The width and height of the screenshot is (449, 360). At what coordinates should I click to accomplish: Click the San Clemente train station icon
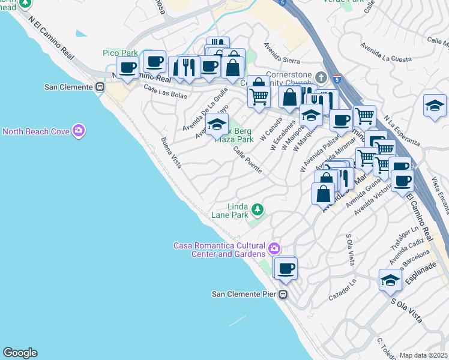(x=100, y=87)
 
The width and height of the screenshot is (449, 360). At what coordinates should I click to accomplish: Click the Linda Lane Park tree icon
(x=257, y=209)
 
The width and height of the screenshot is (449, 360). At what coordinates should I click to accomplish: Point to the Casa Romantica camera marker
(x=274, y=248)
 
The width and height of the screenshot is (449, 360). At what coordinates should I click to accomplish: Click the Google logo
(x=20, y=353)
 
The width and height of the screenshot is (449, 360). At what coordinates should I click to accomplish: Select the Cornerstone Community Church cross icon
(x=321, y=77)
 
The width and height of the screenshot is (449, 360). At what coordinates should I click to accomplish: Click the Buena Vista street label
(x=171, y=153)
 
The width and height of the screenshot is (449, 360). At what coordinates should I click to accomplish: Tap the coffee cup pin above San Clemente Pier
(x=286, y=268)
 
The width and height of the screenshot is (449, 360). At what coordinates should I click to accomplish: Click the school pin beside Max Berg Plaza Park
(x=217, y=125)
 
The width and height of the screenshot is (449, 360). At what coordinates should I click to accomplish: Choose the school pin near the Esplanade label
(x=390, y=280)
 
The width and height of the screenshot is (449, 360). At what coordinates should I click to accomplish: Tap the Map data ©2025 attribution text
(x=423, y=355)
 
